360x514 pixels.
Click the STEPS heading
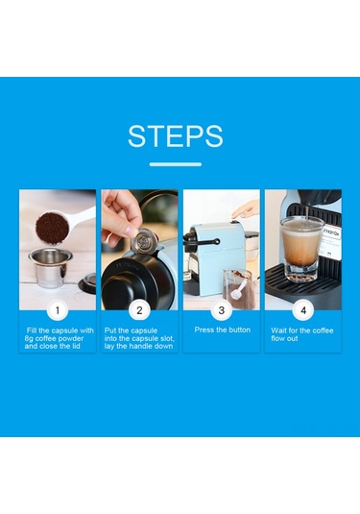(175, 135)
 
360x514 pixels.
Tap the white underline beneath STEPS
(175, 164)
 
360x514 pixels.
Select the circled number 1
(57, 310)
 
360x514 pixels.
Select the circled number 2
(139, 310)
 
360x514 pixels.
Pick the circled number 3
(222, 310)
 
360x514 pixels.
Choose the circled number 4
(303, 310)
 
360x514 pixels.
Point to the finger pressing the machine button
(247, 208)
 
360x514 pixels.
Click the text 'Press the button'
(222, 330)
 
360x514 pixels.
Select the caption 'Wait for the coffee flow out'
(302, 333)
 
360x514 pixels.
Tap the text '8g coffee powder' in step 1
(59, 338)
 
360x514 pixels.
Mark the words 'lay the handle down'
(140, 346)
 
